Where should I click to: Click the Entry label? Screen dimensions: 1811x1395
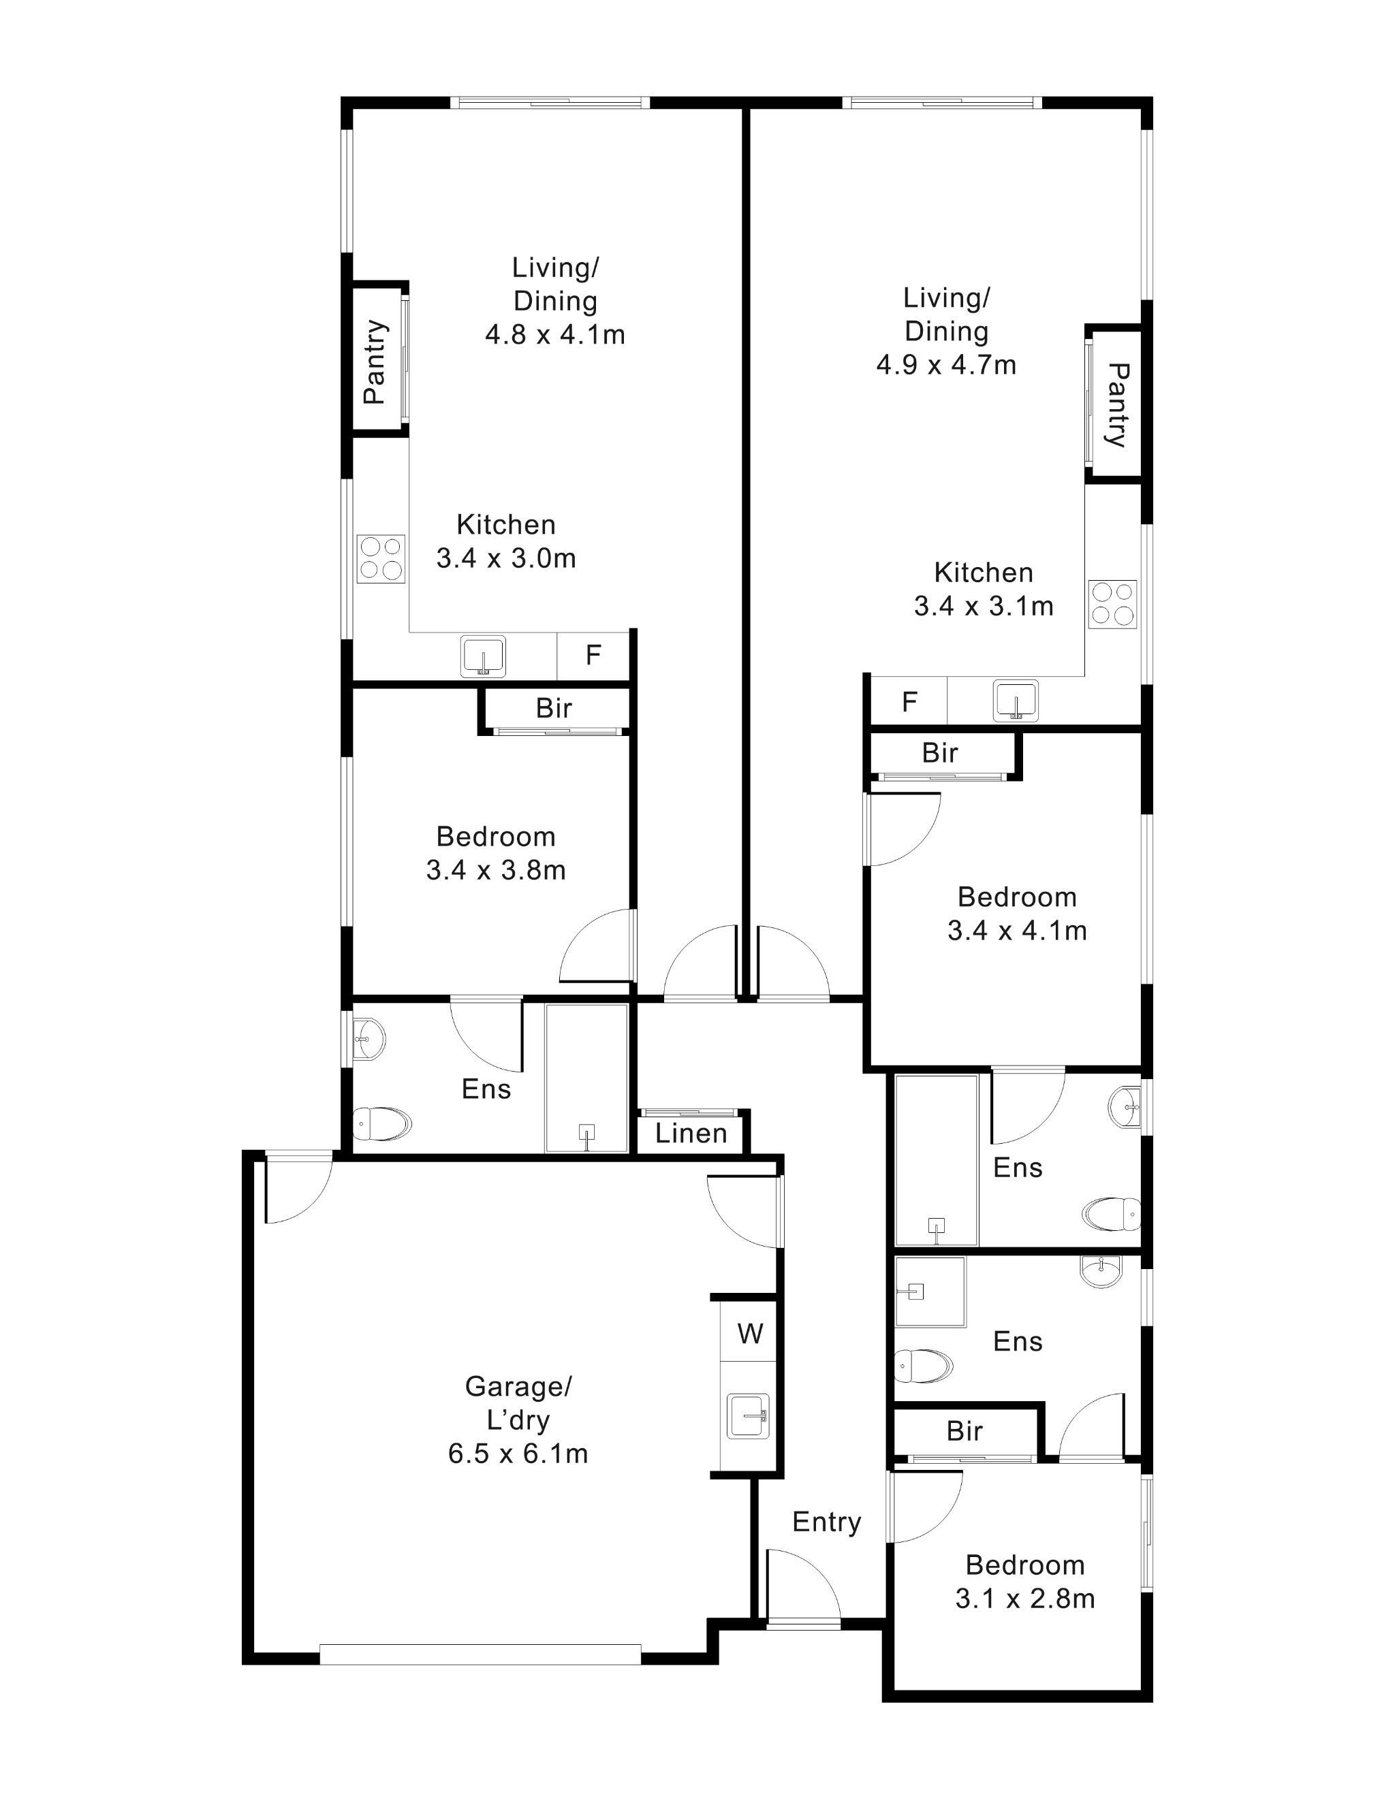(x=826, y=1522)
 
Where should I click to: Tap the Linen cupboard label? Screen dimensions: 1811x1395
(x=690, y=1134)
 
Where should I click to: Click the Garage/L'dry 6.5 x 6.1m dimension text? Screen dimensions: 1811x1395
(x=518, y=1454)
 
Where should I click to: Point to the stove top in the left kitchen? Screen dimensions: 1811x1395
(x=381, y=558)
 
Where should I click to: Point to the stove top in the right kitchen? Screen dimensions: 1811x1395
(x=1113, y=604)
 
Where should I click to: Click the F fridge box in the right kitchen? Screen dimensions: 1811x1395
(x=909, y=703)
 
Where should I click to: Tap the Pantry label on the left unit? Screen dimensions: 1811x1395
(x=375, y=362)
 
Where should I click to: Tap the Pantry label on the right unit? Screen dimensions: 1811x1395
(x=1117, y=404)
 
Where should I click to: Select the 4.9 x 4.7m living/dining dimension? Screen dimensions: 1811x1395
(x=945, y=364)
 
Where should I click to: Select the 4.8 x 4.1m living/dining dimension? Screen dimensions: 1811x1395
(x=554, y=334)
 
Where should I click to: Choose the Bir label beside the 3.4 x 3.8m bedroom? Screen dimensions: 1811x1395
(x=553, y=708)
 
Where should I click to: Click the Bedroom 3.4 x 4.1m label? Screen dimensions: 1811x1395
(x=1017, y=913)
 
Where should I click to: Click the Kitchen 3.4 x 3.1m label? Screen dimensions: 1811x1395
(x=983, y=589)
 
